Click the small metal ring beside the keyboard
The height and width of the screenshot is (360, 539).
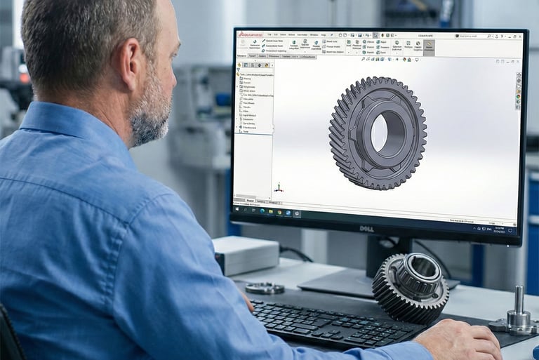[x=265, y=288]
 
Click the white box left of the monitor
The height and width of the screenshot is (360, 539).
[x=245, y=255]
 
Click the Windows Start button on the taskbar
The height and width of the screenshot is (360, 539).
[x=237, y=209]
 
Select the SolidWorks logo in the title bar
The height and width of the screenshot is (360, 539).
[x=250, y=34]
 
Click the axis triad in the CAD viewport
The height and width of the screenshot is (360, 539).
[x=279, y=187]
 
